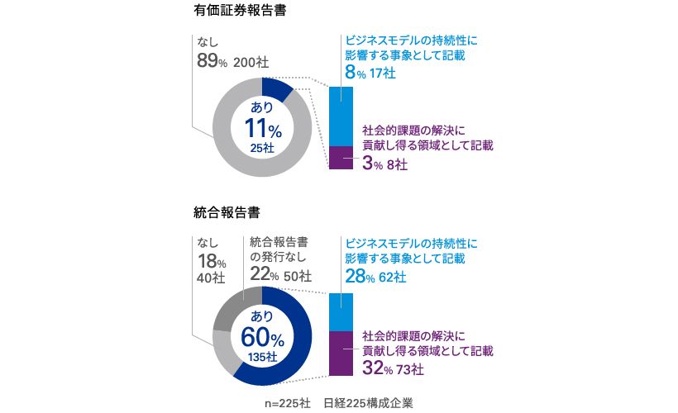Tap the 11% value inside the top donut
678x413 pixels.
point(263,128)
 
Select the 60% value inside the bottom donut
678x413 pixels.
point(263,337)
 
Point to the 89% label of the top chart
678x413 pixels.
point(212,60)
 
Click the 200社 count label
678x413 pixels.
point(251,62)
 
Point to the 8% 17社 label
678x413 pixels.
point(370,74)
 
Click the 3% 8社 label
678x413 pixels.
point(384,164)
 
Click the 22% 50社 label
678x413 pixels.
point(280,275)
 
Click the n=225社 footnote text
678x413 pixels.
point(287,403)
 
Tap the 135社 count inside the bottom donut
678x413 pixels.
point(263,356)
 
